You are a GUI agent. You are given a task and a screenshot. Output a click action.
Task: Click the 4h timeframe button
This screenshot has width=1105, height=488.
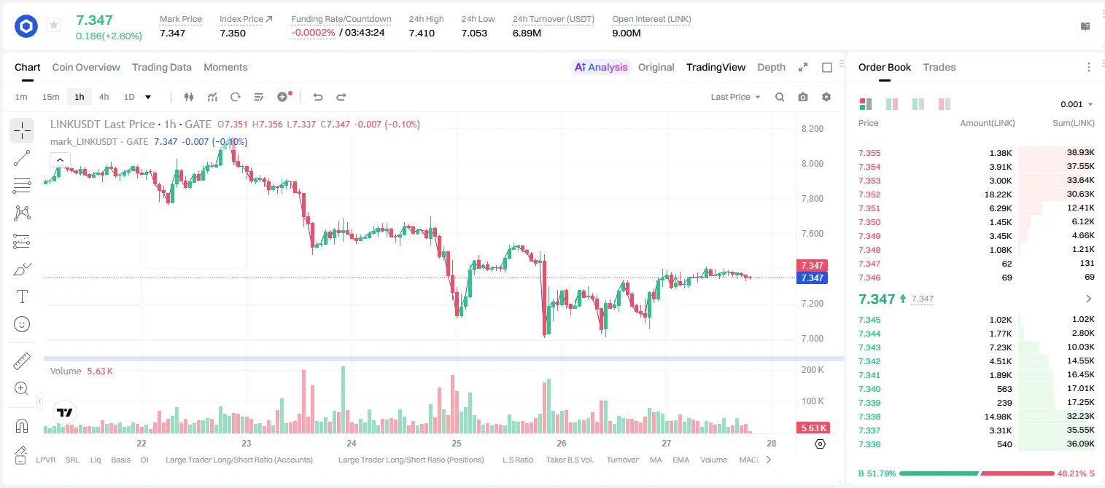(104, 97)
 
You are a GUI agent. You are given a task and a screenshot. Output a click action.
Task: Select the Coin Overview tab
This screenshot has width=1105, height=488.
(86, 67)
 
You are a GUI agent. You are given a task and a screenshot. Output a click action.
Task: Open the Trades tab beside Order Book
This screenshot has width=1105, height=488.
(939, 67)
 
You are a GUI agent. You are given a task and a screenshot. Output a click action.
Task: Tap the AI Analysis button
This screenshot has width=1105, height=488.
(601, 67)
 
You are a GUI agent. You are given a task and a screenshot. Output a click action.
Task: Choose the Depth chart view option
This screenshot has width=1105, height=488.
(771, 67)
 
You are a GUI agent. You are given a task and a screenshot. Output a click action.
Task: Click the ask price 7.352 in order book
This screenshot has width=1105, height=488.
(869, 194)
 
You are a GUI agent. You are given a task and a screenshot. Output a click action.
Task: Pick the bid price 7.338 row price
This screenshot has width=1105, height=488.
(869, 417)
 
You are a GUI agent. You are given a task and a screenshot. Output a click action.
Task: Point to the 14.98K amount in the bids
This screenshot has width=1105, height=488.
(998, 417)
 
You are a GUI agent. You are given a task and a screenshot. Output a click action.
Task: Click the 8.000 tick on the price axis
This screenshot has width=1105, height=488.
(812, 163)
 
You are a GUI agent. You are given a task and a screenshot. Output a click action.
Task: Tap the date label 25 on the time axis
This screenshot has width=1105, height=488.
(457, 443)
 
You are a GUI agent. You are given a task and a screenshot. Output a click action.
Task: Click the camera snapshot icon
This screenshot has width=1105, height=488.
(803, 97)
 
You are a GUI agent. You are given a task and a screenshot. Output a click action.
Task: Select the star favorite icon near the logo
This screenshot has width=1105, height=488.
(54, 25)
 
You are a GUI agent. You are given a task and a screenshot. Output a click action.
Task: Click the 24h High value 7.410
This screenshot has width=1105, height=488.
(422, 33)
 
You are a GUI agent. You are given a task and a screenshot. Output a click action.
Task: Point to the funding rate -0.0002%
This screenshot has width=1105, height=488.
(313, 33)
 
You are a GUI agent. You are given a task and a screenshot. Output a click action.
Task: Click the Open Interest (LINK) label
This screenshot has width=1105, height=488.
(651, 19)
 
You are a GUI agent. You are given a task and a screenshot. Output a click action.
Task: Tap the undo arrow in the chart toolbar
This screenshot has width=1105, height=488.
(318, 97)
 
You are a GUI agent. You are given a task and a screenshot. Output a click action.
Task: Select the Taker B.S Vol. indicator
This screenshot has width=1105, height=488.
(569, 460)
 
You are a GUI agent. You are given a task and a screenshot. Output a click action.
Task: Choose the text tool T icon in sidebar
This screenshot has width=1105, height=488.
(22, 296)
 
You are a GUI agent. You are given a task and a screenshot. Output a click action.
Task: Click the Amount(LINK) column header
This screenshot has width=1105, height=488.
(987, 123)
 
